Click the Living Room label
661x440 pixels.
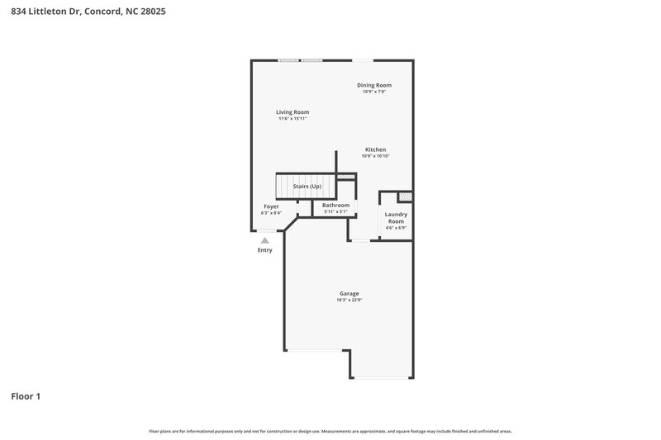(292, 112)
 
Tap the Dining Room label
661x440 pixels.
(374, 85)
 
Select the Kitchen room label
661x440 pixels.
(375, 149)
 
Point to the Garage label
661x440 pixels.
(349, 293)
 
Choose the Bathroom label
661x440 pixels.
(335, 205)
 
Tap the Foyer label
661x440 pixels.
(271, 206)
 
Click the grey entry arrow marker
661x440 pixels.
(264, 240)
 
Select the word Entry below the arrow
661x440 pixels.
(264, 250)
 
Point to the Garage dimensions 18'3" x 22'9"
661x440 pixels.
(349, 300)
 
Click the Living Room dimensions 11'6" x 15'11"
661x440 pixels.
(292, 119)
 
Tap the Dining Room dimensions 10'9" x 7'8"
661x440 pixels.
(374, 92)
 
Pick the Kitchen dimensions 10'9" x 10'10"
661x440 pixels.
(375, 156)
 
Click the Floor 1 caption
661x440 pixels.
(26, 396)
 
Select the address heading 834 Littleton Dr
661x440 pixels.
(77, 12)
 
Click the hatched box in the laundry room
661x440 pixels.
(405, 197)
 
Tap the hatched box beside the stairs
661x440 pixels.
(346, 177)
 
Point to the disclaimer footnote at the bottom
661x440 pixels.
(330, 431)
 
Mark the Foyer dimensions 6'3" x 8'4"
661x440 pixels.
(271, 213)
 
